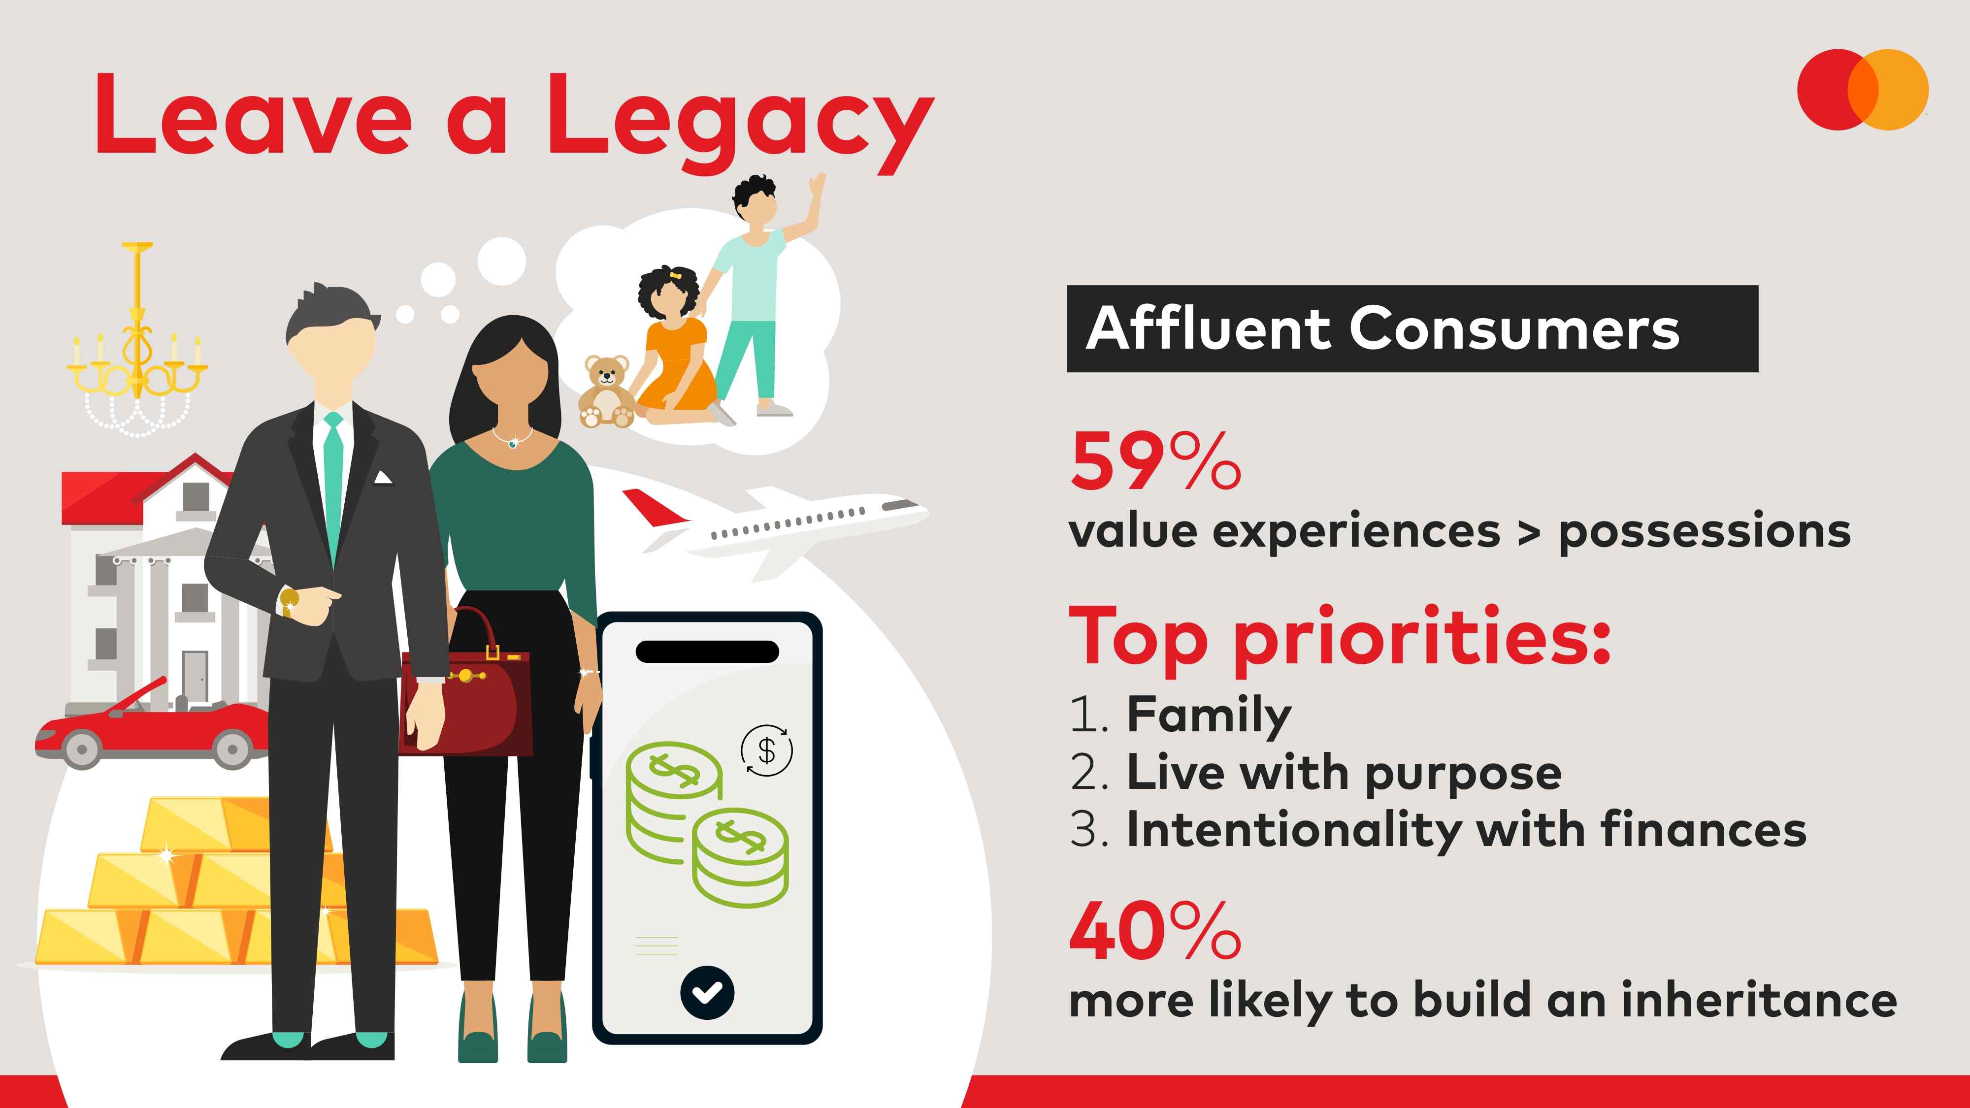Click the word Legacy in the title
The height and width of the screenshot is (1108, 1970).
[740, 122]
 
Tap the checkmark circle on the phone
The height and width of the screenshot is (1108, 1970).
[707, 993]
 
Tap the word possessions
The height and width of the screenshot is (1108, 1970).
[1705, 531]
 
